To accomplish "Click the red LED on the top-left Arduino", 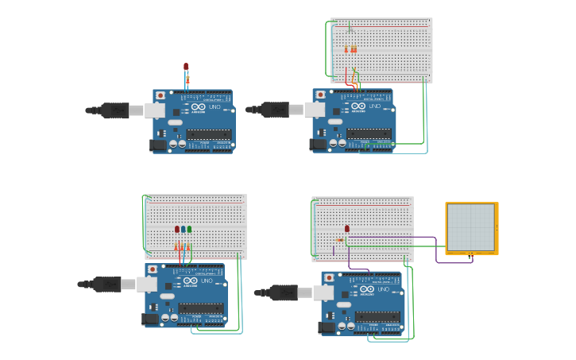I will click(186, 67).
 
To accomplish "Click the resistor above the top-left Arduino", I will click(187, 80).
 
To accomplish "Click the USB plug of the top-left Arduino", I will click(116, 110).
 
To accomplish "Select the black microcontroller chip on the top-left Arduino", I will click(209, 134).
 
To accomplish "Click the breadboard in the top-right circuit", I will click(382, 50).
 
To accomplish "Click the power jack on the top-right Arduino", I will click(319, 144).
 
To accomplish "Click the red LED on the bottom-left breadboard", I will click(177, 229).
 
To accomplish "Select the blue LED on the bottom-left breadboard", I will click(183, 229).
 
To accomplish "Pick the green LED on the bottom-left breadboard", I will click(189, 229).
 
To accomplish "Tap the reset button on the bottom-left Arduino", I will click(152, 270).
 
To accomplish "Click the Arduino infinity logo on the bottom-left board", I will click(190, 281).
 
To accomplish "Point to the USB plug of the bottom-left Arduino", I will click(108, 284).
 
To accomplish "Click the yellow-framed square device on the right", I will click(472, 228).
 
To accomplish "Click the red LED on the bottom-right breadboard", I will click(347, 229).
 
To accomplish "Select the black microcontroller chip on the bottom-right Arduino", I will click(377, 316).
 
